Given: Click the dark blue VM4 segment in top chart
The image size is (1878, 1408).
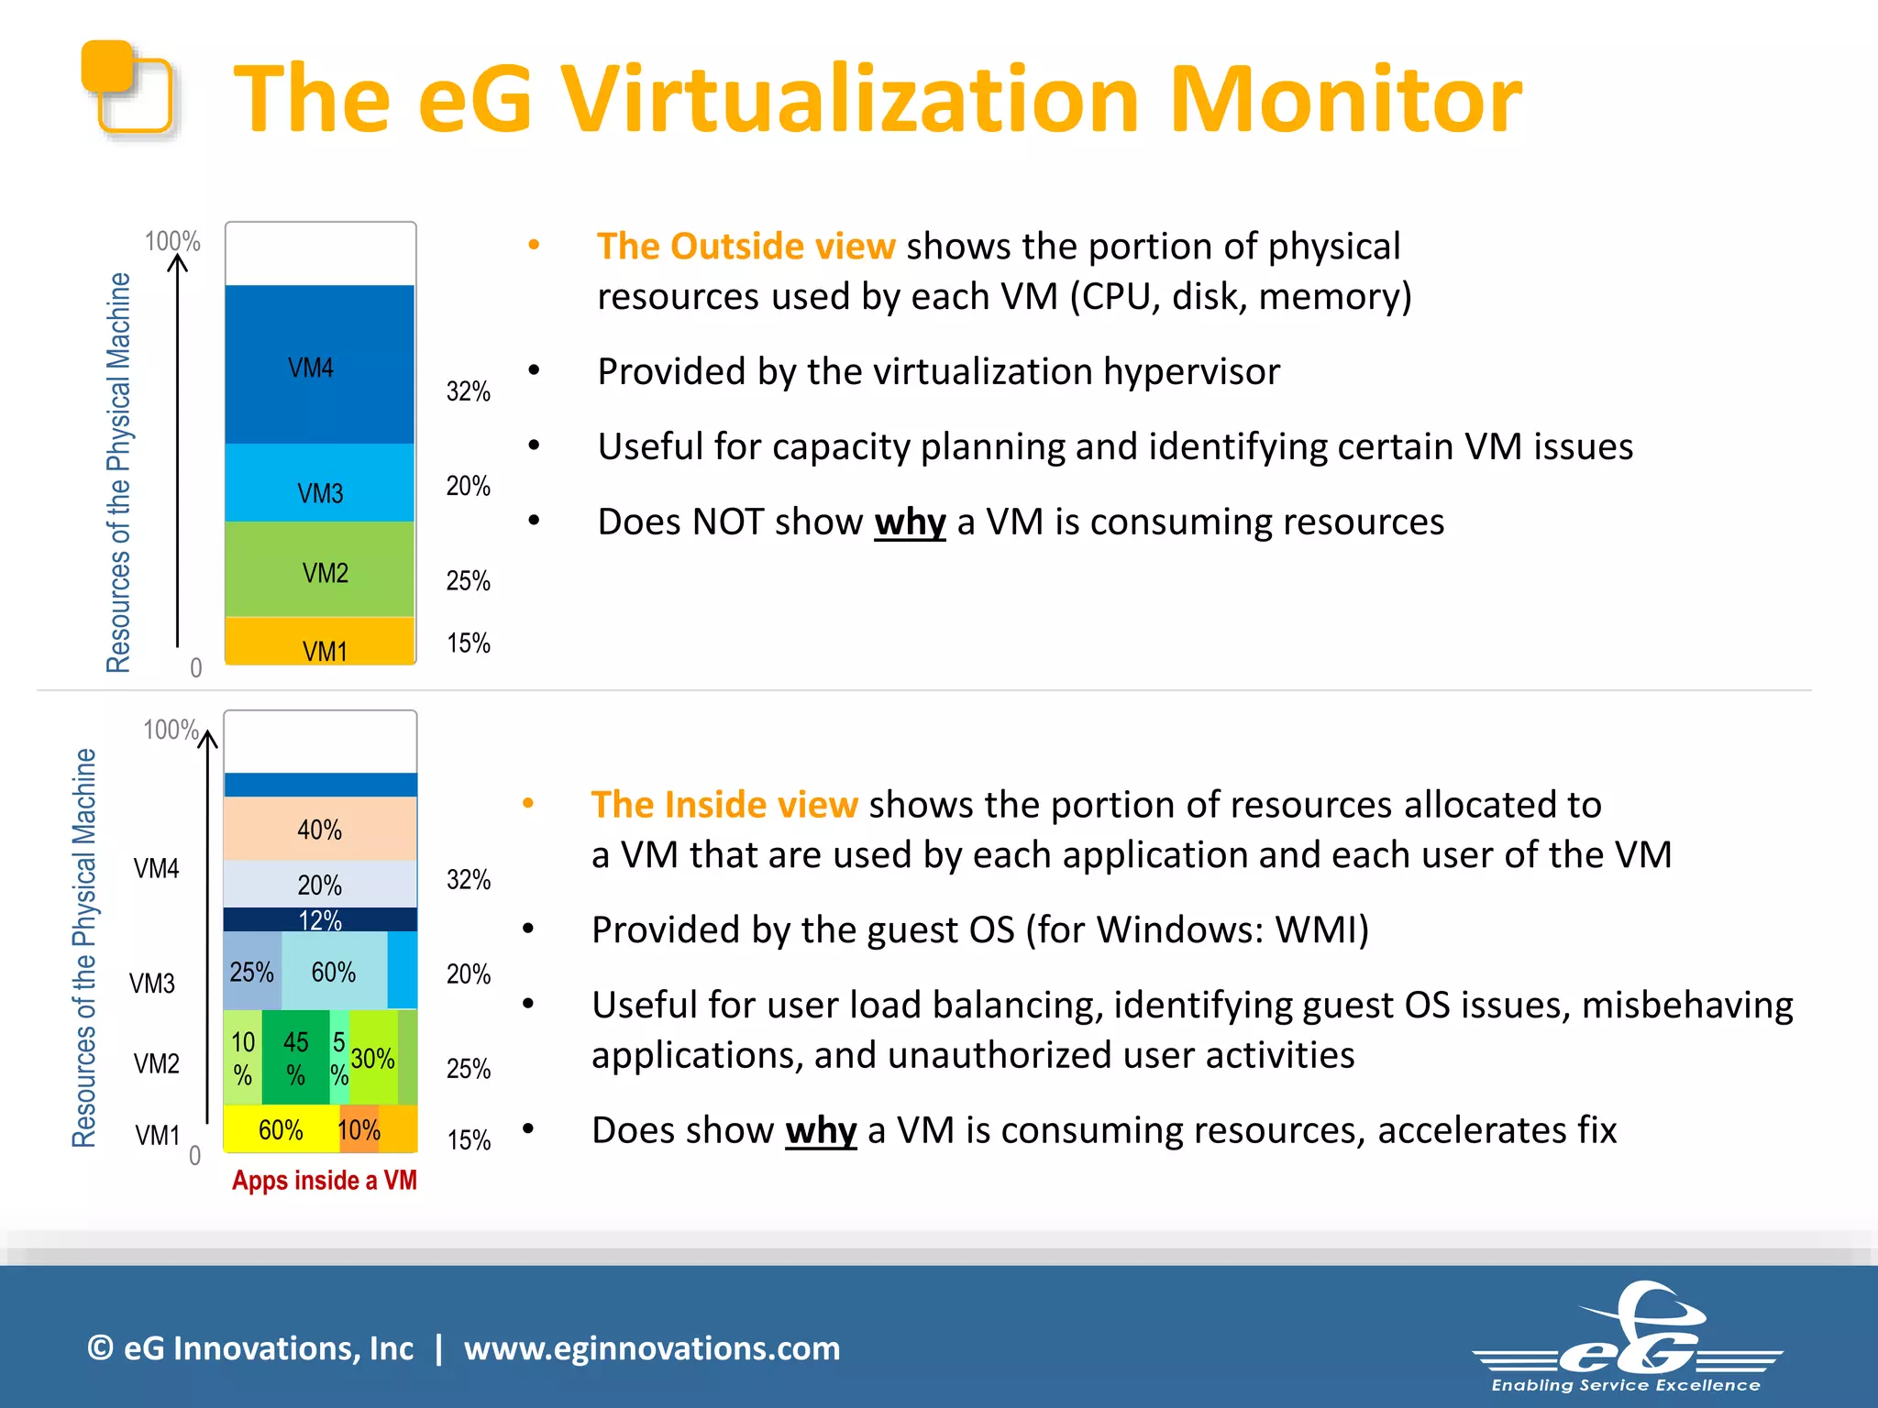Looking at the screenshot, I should coord(319,365).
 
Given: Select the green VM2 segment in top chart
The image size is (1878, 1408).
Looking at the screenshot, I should coord(319,568).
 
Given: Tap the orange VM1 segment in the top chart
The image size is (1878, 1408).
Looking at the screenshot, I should coord(319,642).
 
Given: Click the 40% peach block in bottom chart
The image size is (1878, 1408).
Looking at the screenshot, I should coord(319,829).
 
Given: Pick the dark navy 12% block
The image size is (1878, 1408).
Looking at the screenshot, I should coord(319,919).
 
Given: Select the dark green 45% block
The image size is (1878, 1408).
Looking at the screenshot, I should coord(295,1057).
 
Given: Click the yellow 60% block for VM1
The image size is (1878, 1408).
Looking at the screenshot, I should coord(281,1129).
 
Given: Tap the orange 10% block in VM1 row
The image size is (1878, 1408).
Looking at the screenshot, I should coord(359,1129).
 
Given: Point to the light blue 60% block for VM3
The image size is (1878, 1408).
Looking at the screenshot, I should coord(334,972).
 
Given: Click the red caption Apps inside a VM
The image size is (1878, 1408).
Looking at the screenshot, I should coord(324,1180).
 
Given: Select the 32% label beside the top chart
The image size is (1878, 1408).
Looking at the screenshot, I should coord(468,391).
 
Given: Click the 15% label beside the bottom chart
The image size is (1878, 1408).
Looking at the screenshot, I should coord(469,1140).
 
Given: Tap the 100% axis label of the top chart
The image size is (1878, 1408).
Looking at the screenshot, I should coord(171,241).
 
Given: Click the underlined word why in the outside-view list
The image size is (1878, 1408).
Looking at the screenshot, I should coord(909,522).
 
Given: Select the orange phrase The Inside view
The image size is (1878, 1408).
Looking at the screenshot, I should coord(724,805).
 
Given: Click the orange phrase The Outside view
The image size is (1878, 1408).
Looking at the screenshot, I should coord(745,247).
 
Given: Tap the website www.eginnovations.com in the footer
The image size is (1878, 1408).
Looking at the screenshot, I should coord(651,1348).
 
